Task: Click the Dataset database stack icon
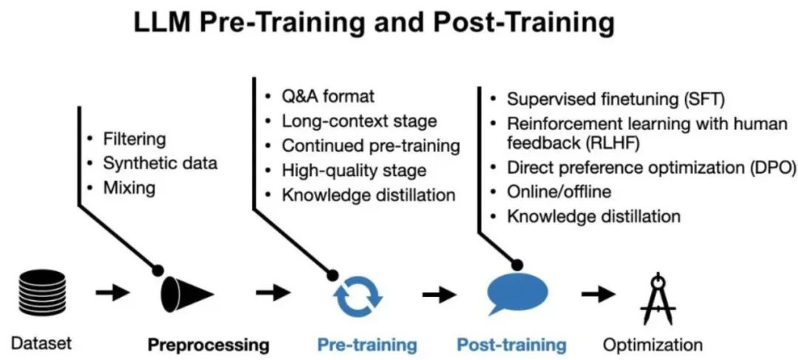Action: [x=38, y=293]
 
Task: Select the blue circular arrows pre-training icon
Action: [x=358, y=293]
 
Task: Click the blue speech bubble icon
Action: [x=518, y=292]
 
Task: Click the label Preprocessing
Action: [x=208, y=344]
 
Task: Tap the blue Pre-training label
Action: [x=367, y=344]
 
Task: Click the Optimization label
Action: [x=652, y=344]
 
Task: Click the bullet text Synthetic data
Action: [x=160, y=163]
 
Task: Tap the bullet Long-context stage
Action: [x=359, y=121]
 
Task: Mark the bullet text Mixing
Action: [x=129, y=188]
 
